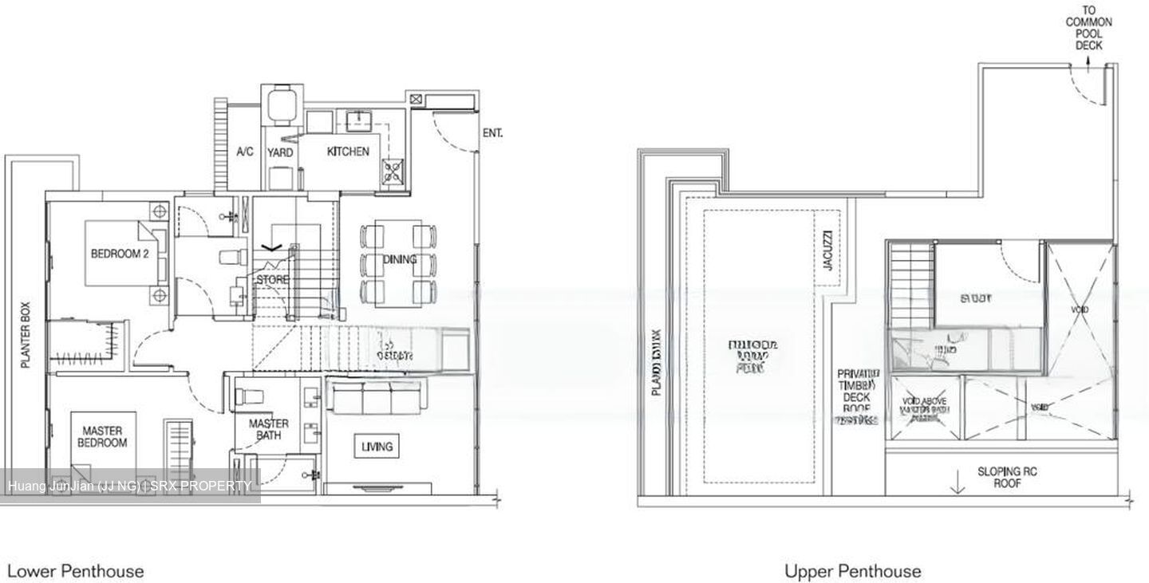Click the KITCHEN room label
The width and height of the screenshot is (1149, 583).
(348, 152)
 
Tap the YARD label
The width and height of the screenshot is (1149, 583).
(280, 152)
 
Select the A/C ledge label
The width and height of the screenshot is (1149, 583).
(245, 152)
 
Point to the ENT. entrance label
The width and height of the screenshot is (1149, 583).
(492, 133)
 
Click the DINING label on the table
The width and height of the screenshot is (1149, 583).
(400, 259)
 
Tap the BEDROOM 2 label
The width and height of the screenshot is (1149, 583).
(120, 254)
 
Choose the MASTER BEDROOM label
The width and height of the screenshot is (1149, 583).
(104, 436)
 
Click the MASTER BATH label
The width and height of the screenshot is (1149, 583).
(268, 430)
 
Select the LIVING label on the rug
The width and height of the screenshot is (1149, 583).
(377, 447)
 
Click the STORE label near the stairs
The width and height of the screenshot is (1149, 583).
(272, 280)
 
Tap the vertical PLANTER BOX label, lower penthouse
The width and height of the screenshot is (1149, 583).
(25, 335)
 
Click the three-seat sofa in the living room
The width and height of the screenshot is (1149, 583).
(374, 398)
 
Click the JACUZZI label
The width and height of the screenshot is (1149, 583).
(827, 250)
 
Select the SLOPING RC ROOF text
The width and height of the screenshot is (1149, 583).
(1007, 477)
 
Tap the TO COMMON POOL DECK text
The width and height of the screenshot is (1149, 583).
(1088, 29)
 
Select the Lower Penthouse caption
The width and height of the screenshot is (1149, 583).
(76, 571)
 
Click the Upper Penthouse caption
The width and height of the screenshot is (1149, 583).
(852, 571)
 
